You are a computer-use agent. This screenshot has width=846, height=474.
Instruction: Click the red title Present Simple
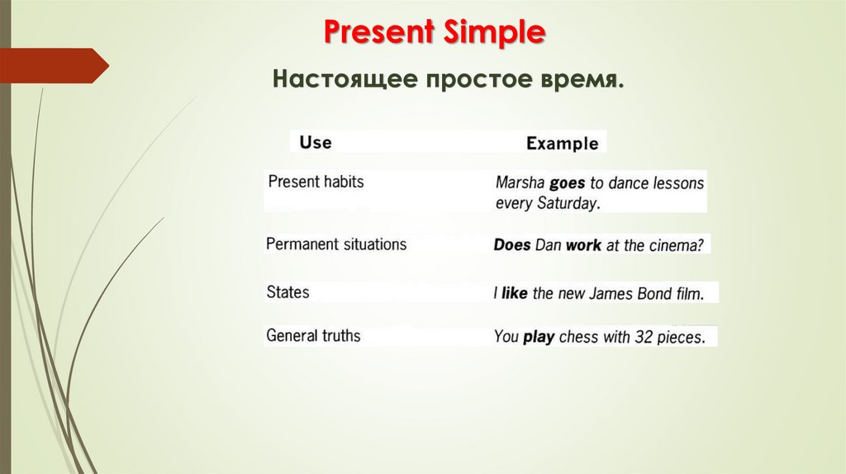(434, 33)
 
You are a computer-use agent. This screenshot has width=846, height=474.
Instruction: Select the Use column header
(315, 142)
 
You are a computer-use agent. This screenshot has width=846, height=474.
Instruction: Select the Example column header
(562, 143)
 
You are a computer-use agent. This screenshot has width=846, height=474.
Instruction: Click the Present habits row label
(316, 182)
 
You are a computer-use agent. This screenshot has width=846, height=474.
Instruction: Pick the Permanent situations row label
(336, 244)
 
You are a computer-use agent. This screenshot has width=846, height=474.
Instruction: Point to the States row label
(288, 292)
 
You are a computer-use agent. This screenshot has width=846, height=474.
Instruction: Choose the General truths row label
(314, 335)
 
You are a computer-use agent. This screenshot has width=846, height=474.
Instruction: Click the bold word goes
(567, 182)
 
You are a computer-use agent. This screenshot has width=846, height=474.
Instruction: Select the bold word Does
(512, 245)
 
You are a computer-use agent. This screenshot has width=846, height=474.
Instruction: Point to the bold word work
(583, 245)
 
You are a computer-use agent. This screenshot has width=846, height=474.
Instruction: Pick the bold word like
(514, 293)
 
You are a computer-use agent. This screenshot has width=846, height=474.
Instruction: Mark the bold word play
(539, 337)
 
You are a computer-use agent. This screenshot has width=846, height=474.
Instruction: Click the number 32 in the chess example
(644, 337)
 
